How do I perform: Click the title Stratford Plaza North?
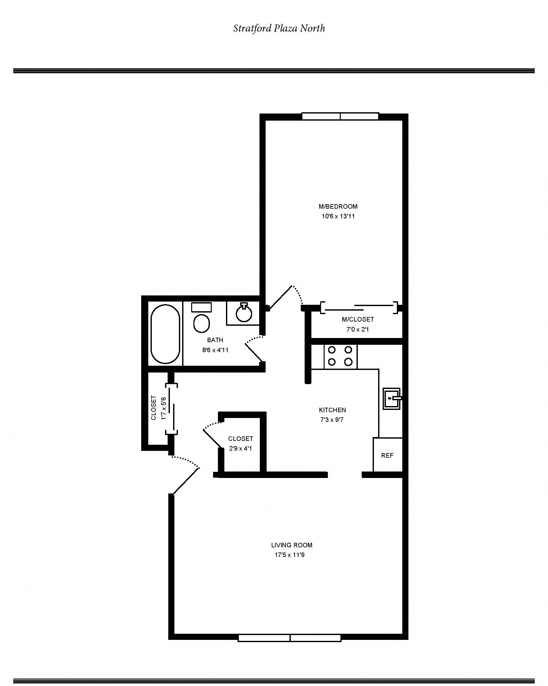point(279,28)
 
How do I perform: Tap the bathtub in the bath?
point(165,334)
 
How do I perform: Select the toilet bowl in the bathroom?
point(201,323)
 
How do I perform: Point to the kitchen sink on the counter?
point(391,399)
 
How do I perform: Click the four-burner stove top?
point(340,356)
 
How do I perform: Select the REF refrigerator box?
point(387,455)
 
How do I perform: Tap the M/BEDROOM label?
point(338,206)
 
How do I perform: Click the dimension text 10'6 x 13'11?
point(338,216)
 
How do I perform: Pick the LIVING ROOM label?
point(291,545)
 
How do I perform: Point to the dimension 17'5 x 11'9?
point(289,555)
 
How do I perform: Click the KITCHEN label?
point(332,410)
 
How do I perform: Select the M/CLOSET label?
point(357,319)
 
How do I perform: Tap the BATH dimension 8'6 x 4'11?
point(215,350)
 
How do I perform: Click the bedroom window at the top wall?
point(340,116)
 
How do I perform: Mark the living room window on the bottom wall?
point(289,638)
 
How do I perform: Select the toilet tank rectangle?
point(201,307)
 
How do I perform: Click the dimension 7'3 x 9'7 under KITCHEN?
point(332,420)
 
